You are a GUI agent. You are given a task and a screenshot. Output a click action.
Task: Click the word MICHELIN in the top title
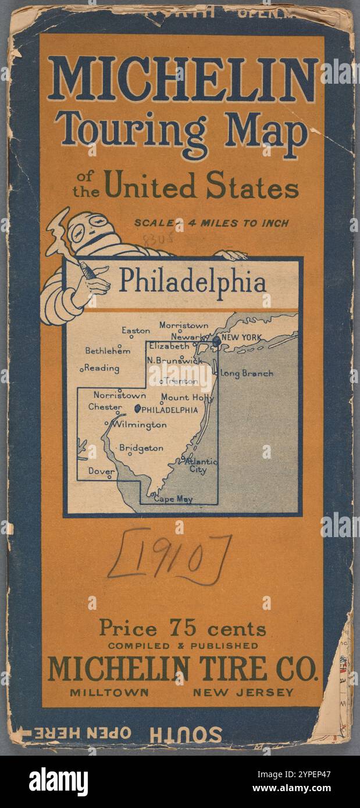point(183,78)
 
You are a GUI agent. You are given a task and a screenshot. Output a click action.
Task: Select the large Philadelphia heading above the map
point(193,282)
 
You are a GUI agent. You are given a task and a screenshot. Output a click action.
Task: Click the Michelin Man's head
point(90,230)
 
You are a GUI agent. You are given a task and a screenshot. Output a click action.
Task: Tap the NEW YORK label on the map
point(241,338)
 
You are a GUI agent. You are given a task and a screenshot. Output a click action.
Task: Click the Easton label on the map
point(136,331)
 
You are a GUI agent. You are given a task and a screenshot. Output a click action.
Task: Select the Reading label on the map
point(102,368)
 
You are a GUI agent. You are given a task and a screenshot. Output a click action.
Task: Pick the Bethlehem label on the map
point(108,351)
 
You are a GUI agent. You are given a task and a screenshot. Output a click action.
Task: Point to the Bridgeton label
point(141,448)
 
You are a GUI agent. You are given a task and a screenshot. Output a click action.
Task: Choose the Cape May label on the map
point(173,499)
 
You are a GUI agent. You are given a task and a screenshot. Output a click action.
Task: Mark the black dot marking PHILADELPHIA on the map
point(137,409)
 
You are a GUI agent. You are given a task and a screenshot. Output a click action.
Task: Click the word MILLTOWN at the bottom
point(109,692)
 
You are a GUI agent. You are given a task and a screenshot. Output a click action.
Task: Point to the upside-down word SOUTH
point(186,734)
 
